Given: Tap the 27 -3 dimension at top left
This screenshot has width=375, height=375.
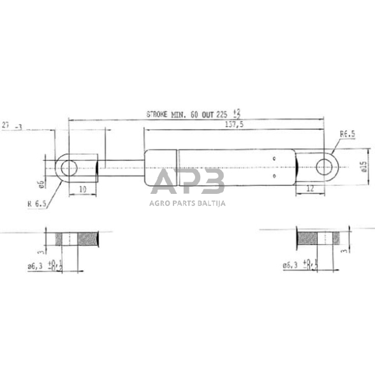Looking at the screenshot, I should pyautogui.click(x=13, y=127).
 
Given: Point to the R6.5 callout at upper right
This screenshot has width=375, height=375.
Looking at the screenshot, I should pyautogui.click(x=347, y=135).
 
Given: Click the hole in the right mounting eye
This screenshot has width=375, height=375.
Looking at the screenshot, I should pyautogui.click(x=326, y=166).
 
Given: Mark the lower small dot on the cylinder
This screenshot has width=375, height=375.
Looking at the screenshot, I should pyautogui.click(x=274, y=177).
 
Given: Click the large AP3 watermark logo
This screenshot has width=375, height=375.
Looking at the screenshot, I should pyautogui.click(x=187, y=182).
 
